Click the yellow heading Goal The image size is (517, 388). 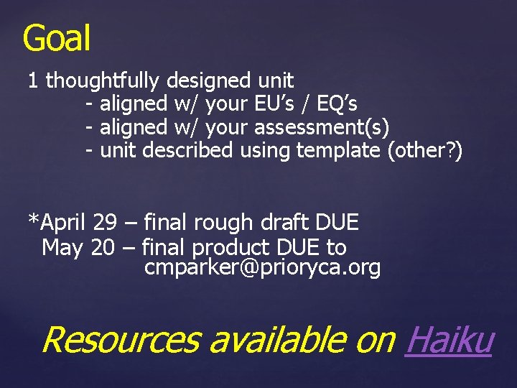57,38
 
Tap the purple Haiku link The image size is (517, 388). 450,339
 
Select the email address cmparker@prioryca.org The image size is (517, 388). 262,269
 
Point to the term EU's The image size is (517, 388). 274,104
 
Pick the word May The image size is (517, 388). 63,248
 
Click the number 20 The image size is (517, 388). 103,248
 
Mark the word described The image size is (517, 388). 188,151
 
